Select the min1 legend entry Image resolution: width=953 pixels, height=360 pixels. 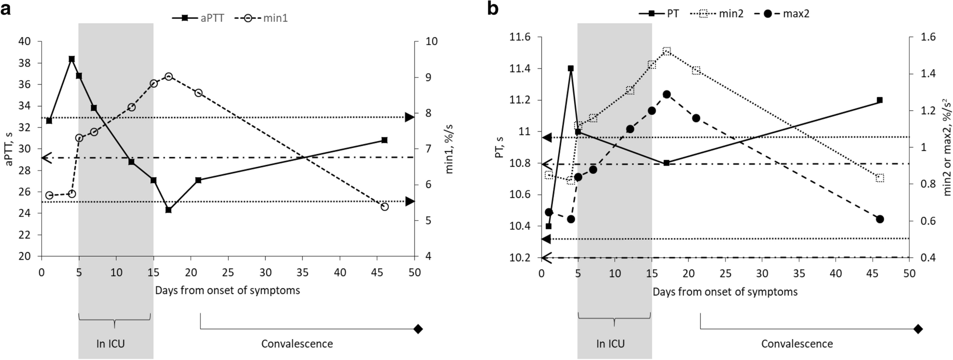pos(266,18)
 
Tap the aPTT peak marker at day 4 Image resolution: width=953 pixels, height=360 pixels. pos(72,59)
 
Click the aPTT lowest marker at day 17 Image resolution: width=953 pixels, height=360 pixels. pos(169,209)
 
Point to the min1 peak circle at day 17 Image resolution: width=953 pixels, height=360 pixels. pos(169,76)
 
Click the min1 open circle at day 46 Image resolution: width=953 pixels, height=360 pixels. pos(385,207)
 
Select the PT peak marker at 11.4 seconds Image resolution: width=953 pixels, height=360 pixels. pos(571,68)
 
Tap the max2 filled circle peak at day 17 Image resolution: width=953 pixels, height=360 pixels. pos(667,95)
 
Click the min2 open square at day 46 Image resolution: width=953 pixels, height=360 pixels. pos(880,178)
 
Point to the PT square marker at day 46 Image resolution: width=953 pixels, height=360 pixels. pos(880,100)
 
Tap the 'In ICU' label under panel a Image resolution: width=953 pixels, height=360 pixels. pos(111,343)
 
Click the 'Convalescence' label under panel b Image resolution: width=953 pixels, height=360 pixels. pos(797,343)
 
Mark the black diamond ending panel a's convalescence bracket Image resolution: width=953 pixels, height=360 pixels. pos(418,329)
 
